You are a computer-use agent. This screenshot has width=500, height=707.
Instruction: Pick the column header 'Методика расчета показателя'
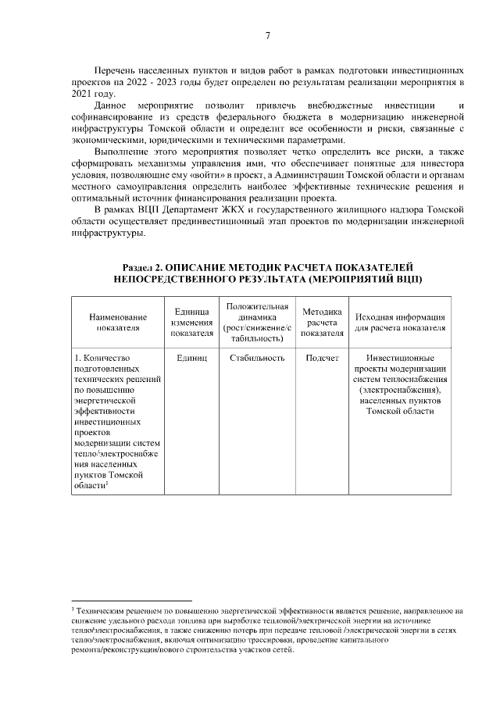click(322, 323)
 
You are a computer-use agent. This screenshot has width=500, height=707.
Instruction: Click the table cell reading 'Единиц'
click(192, 358)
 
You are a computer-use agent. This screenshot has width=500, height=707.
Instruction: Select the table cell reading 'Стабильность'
click(257, 358)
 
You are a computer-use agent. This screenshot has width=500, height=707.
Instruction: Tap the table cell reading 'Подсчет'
click(322, 358)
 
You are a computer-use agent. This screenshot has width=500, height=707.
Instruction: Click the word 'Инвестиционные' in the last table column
click(400, 358)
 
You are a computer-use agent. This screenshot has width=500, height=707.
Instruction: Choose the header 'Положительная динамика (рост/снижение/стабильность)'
click(257, 323)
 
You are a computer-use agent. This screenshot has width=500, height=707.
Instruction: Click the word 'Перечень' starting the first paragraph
click(112, 70)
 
